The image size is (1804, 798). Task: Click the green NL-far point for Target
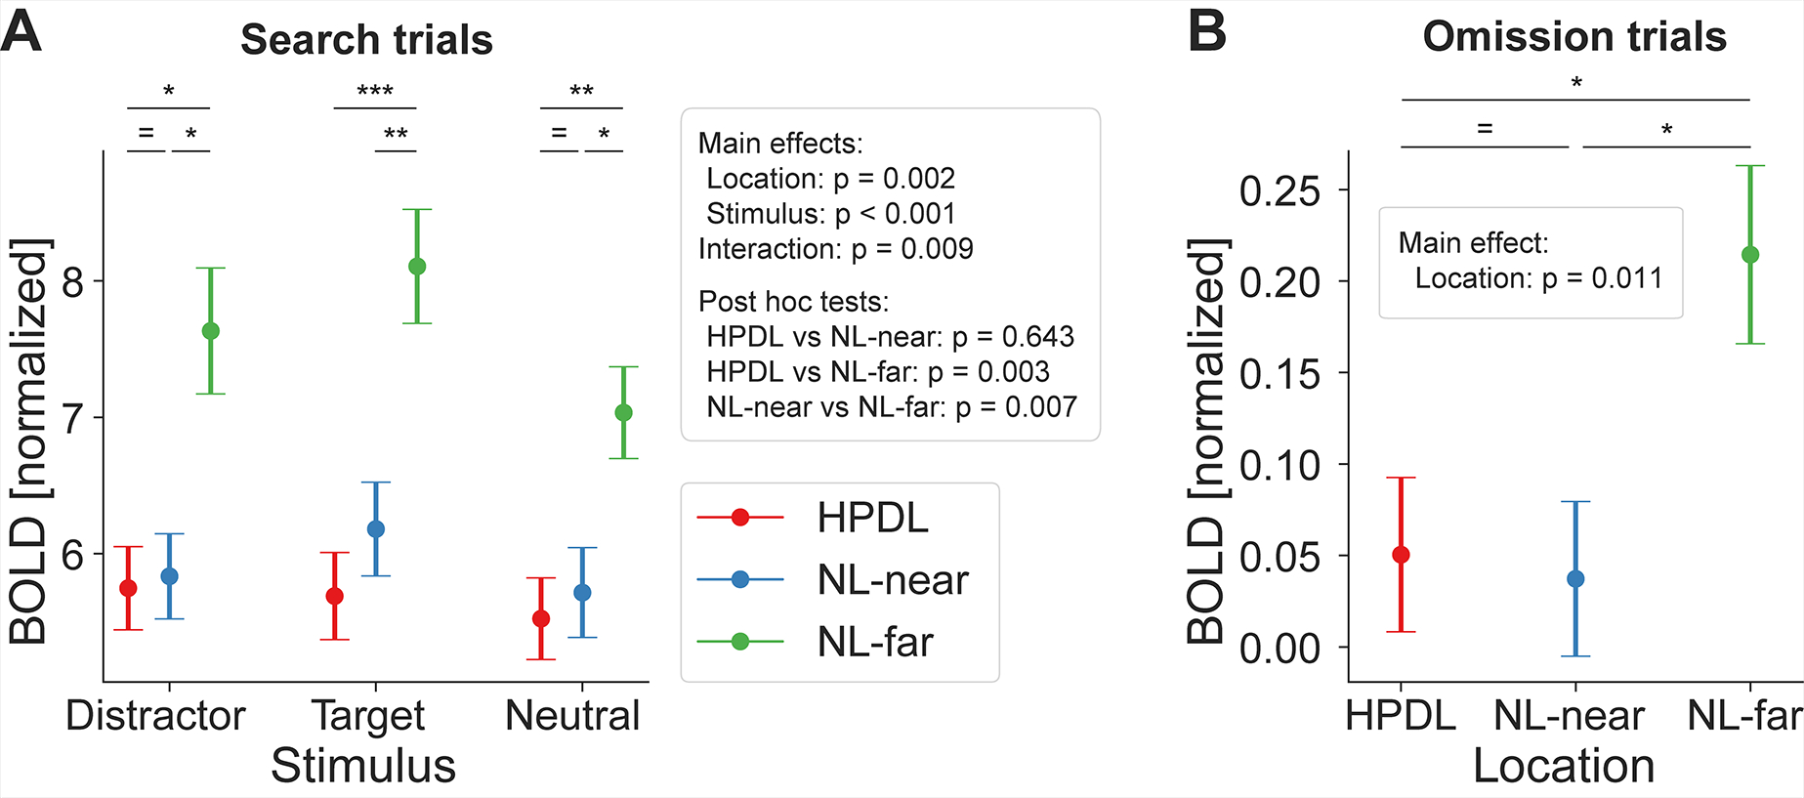[417, 267]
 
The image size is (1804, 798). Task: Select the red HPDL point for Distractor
[128, 588]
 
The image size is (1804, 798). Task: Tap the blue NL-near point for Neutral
[582, 593]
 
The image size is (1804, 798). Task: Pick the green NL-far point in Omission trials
[1750, 255]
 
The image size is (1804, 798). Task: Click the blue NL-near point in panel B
[1575, 579]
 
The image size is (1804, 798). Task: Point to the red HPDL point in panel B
[1401, 555]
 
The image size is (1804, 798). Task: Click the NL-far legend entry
[875, 642]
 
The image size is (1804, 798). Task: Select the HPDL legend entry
[872, 518]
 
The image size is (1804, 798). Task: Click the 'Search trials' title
[366, 40]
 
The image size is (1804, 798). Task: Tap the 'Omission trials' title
[1574, 37]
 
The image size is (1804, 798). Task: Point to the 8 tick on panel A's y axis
[73, 282]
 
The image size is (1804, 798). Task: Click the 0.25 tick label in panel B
[1280, 191]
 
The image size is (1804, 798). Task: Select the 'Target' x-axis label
[368, 716]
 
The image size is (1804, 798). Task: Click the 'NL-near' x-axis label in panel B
[1569, 716]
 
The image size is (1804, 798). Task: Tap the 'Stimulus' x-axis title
[363, 766]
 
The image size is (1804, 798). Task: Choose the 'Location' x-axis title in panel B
[1564, 766]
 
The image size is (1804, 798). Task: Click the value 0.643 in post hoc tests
[1038, 337]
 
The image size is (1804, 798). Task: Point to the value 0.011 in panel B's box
[1627, 278]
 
